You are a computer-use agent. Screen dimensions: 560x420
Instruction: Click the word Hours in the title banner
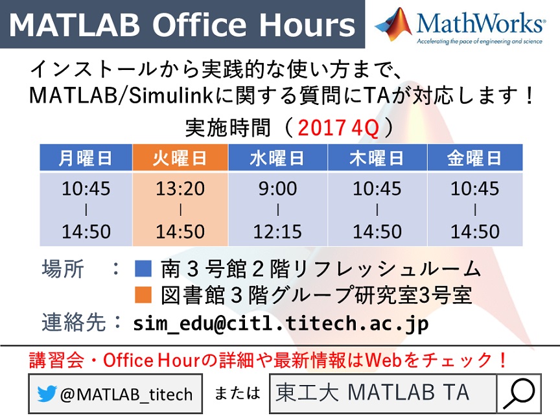[307, 25]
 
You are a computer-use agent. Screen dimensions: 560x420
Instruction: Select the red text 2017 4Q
[338, 128]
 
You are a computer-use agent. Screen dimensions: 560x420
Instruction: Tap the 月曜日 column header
[86, 157]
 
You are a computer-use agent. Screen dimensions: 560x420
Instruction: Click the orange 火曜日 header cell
[180, 157]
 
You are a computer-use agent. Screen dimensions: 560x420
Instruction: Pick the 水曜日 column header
[278, 157]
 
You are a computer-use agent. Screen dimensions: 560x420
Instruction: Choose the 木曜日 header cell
[377, 157]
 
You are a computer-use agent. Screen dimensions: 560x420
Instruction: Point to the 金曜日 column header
[475, 157]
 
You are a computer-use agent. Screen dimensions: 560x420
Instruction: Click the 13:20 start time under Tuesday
[180, 188]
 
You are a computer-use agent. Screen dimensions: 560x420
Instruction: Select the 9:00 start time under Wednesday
[278, 188]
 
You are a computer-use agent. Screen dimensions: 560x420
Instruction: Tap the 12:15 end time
[278, 231]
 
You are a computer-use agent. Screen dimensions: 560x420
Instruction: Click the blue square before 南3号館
[143, 268]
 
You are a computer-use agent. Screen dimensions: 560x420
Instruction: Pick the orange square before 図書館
[143, 295]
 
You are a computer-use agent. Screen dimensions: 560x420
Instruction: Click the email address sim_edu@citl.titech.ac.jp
[281, 323]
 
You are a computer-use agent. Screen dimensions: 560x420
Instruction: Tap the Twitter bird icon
[47, 393]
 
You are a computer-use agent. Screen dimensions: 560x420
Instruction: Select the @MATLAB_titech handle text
[126, 394]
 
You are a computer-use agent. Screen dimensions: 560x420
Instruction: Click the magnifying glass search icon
[519, 393]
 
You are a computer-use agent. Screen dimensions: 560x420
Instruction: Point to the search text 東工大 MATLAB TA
[372, 392]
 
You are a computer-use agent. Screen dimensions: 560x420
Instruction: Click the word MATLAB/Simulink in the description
[121, 95]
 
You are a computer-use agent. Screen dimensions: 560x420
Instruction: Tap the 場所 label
[63, 268]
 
